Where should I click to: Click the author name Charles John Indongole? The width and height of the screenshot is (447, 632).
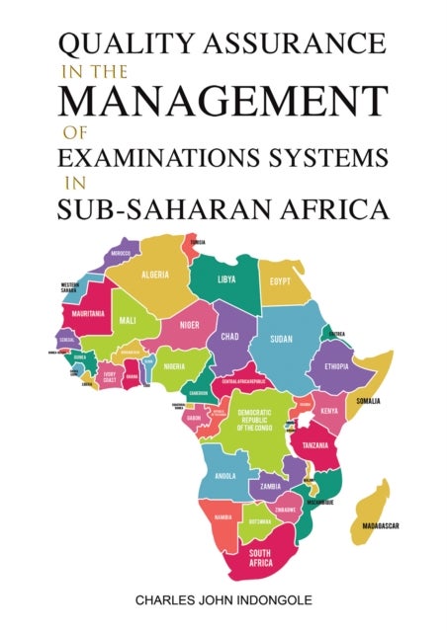[223, 599]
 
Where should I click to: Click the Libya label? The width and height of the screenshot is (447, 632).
[225, 278]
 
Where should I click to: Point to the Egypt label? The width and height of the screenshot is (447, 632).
[281, 281]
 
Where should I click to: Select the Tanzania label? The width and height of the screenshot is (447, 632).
[315, 444]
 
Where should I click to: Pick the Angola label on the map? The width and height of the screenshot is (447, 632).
[224, 475]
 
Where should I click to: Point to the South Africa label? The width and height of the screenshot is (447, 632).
[261, 556]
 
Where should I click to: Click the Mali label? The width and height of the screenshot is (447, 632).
[127, 320]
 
